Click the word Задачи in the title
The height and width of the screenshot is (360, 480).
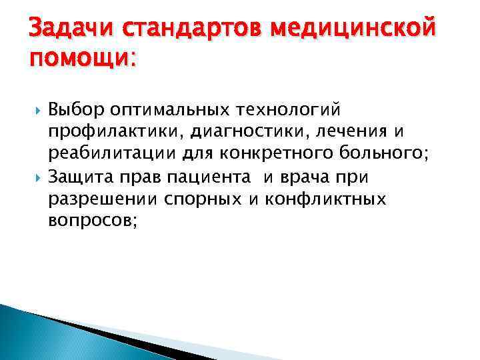[63, 31]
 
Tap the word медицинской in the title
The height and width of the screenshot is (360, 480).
[353, 31]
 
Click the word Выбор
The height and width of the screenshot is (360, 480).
[75, 108]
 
